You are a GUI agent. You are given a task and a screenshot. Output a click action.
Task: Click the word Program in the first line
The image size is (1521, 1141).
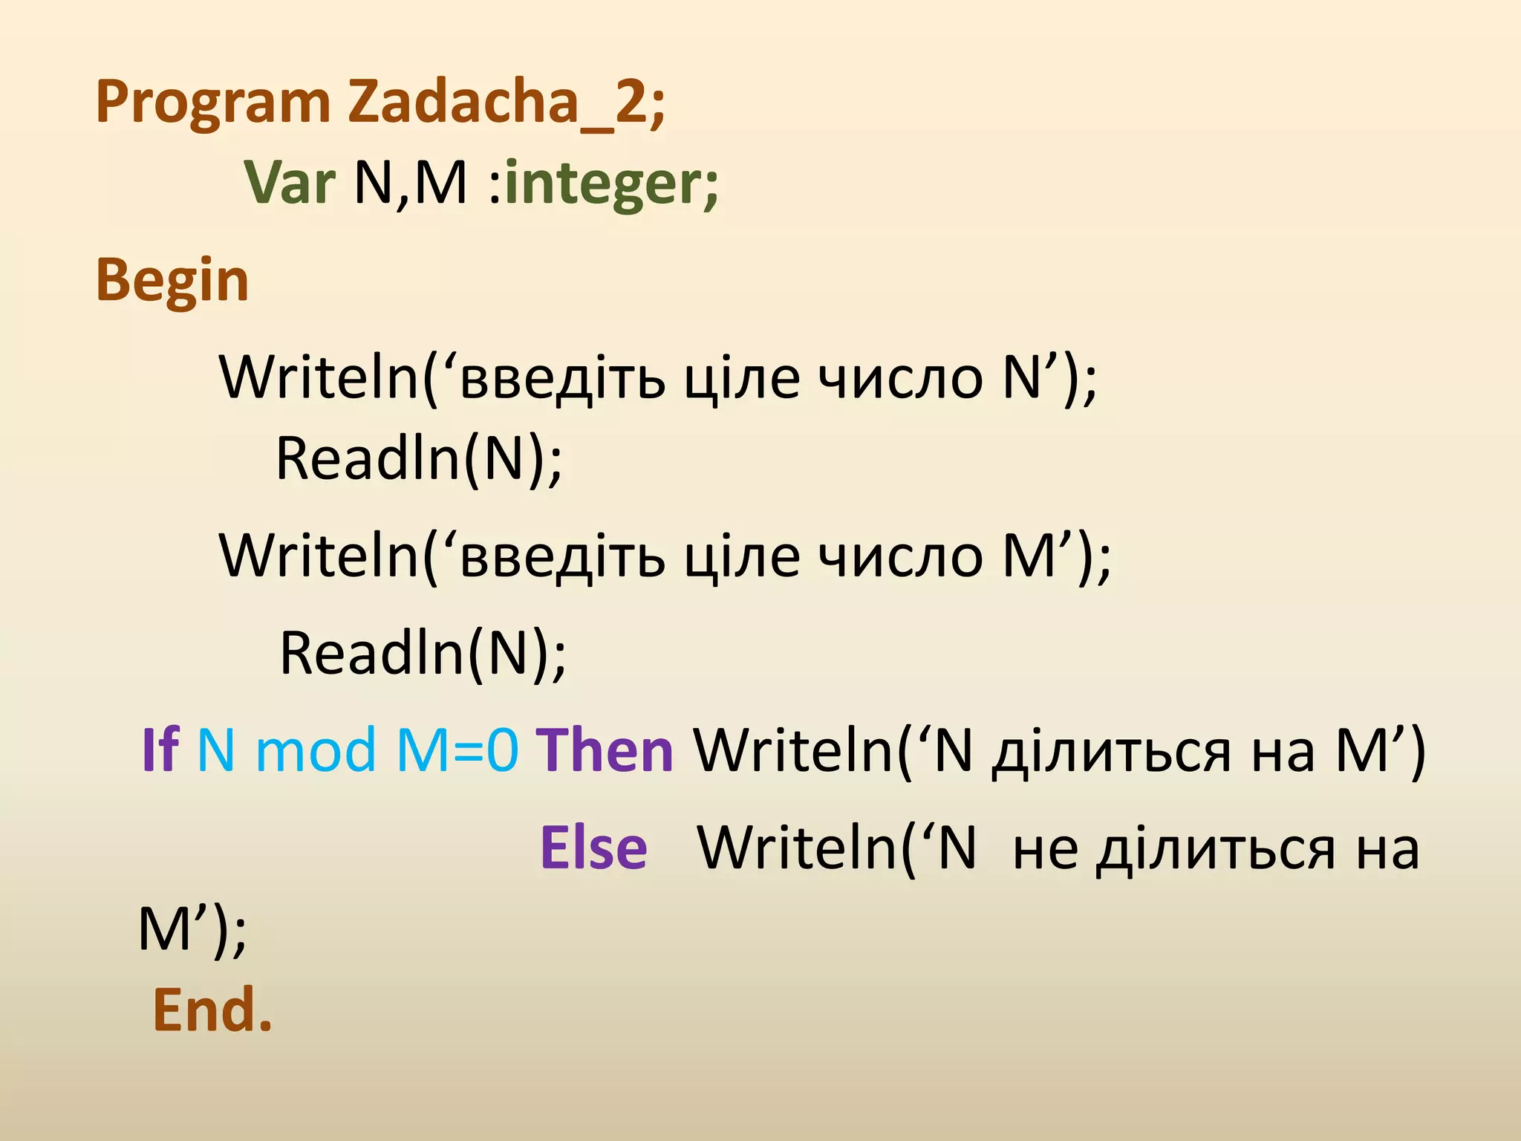(x=213, y=103)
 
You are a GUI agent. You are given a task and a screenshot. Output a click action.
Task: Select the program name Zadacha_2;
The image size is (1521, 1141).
(x=507, y=103)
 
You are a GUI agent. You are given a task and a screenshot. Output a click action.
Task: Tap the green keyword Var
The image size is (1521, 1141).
(x=290, y=182)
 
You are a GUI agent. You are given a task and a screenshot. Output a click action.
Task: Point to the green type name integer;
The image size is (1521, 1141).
(x=611, y=182)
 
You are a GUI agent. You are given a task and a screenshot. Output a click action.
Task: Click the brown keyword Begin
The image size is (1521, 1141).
(x=172, y=281)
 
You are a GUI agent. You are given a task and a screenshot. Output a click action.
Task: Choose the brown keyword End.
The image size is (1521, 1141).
(x=212, y=1010)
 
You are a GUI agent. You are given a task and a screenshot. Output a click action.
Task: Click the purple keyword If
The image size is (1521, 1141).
(x=160, y=750)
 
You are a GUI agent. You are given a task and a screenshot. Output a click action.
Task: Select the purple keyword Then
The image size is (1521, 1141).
(x=605, y=750)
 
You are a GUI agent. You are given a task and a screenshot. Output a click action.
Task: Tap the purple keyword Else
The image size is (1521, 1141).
(x=593, y=848)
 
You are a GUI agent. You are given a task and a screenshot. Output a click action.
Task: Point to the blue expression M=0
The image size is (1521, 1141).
(x=457, y=750)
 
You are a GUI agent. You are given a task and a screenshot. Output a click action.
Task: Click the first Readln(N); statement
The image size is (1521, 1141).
(x=419, y=459)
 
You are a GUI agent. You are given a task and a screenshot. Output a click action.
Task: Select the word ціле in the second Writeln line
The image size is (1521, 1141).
(x=742, y=557)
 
